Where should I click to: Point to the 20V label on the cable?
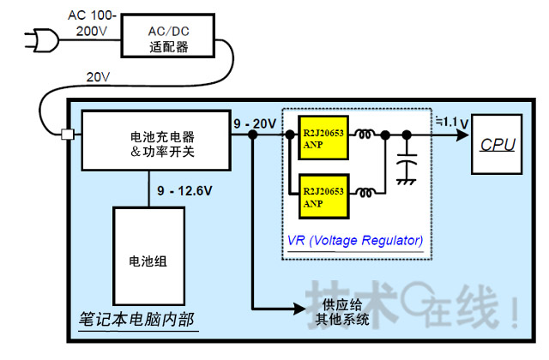(97, 78)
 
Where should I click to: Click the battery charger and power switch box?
(156, 143)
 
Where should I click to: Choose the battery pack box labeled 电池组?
(148, 261)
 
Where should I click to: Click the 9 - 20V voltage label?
(254, 123)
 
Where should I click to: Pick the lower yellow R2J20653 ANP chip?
(322, 196)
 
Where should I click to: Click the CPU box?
(498, 143)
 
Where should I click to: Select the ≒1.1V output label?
(451, 122)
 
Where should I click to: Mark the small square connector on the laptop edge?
(67, 135)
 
